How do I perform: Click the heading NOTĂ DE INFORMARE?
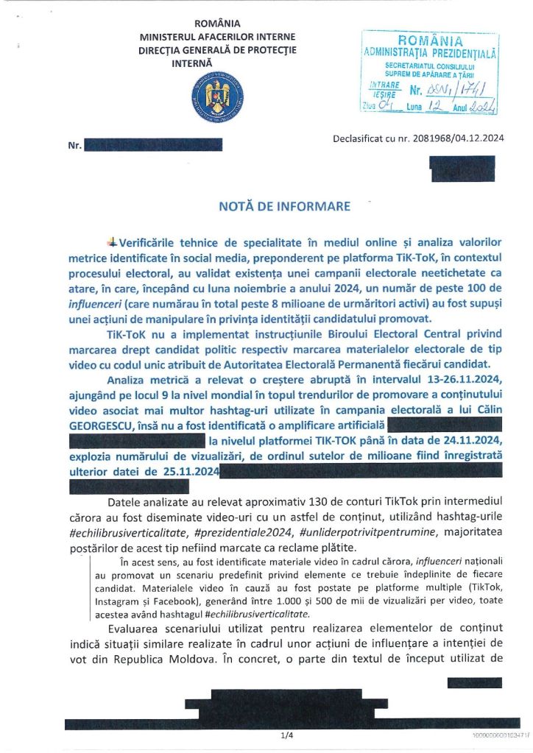point(284,206)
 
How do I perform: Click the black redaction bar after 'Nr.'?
point(152,145)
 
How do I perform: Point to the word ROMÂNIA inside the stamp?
point(430,41)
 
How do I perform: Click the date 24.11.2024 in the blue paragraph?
point(462,440)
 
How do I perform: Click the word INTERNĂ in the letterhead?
point(192,64)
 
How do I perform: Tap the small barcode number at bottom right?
point(500,735)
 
